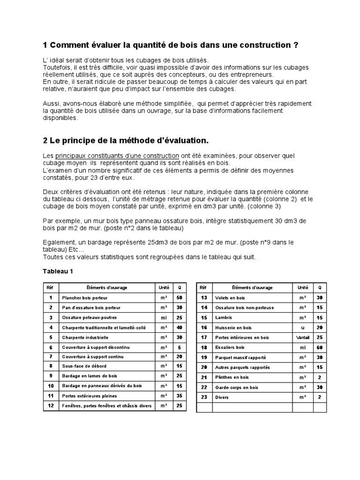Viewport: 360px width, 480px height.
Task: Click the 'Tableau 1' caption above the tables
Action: point(58,271)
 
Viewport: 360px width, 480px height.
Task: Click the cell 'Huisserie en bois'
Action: point(233,328)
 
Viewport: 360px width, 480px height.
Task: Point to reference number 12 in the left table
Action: point(50,405)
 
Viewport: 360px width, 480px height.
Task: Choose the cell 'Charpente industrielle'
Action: point(85,337)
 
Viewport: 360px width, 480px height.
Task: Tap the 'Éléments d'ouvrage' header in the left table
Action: point(107,288)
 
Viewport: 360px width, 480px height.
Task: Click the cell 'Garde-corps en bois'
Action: point(236,388)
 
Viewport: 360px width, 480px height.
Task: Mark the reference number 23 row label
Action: point(204,397)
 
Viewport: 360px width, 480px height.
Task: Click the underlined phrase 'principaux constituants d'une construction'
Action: point(117,156)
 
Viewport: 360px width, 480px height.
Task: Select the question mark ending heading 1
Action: point(295,45)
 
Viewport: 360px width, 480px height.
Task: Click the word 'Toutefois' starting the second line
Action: point(57,68)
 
